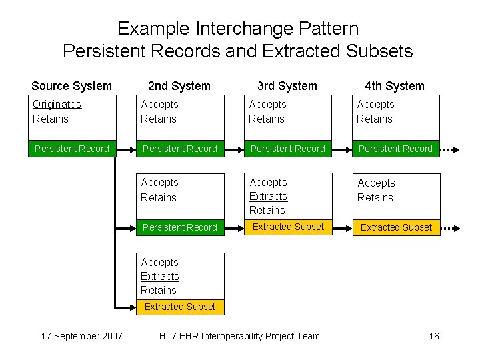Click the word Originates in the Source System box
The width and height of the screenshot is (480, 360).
coord(57,105)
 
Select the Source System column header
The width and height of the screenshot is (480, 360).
coord(72,86)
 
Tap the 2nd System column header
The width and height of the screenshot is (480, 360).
coord(179,86)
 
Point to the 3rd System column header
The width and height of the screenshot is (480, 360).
coord(287,86)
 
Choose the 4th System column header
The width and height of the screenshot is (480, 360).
coord(395,86)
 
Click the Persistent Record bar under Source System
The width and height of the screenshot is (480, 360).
coord(72,149)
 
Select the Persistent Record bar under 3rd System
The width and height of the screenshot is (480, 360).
coord(288,149)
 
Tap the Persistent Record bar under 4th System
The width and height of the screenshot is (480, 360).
coord(396,149)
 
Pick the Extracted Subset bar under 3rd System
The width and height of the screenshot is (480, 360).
coord(288,227)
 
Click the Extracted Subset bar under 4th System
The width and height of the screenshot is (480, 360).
coord(396,227)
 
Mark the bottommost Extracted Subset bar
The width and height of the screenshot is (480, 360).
coord(180,307)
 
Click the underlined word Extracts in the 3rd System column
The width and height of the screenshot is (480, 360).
coord(268,197)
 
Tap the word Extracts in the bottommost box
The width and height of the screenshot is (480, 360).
coord(160,277)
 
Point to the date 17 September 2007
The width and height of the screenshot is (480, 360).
coord(81,336)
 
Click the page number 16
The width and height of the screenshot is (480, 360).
coord(434,336)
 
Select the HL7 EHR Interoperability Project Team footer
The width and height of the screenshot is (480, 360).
coord(239,336)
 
